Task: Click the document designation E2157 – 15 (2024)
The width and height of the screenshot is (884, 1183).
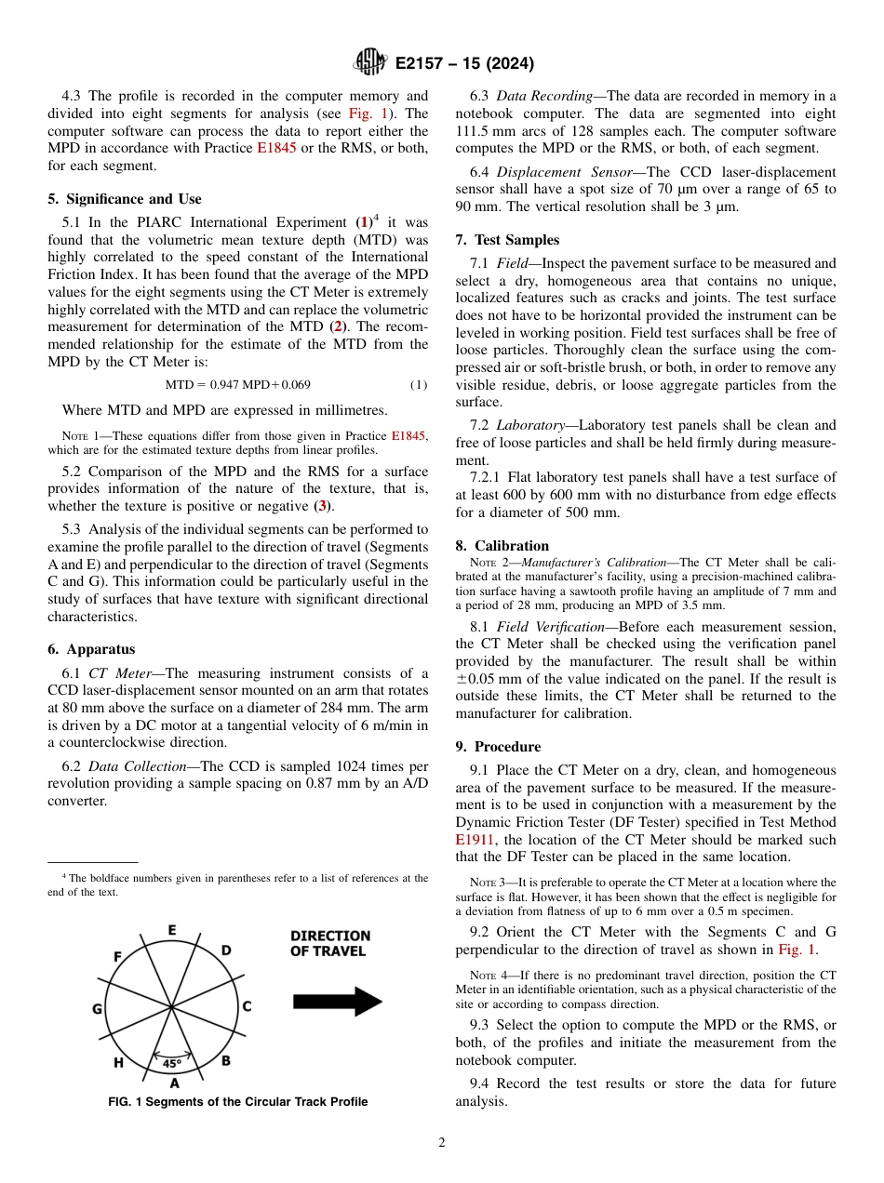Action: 464,64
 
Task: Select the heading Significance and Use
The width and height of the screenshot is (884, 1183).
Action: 125,199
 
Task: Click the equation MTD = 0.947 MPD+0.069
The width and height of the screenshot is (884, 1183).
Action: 238,385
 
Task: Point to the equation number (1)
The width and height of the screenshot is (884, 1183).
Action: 419,385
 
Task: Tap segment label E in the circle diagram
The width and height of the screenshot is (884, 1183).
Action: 172,930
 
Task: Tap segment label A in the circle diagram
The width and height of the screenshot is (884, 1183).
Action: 174,1083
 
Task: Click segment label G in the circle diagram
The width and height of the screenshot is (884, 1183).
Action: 97,1009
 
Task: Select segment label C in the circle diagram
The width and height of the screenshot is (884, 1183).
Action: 247,1006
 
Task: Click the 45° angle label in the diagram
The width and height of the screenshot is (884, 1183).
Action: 171,1063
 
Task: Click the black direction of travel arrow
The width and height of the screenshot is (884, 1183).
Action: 337,1002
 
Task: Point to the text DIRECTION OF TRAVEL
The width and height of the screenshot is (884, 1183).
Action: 330,943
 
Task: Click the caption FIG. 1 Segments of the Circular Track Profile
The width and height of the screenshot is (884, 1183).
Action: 237,1102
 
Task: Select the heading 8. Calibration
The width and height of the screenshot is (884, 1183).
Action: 502,546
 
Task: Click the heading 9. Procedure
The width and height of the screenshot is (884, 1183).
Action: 498,747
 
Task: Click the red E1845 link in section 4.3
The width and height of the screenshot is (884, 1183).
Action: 276,148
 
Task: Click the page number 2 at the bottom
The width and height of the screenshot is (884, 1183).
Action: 442,1143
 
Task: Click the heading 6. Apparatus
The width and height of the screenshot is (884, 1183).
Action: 91,649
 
